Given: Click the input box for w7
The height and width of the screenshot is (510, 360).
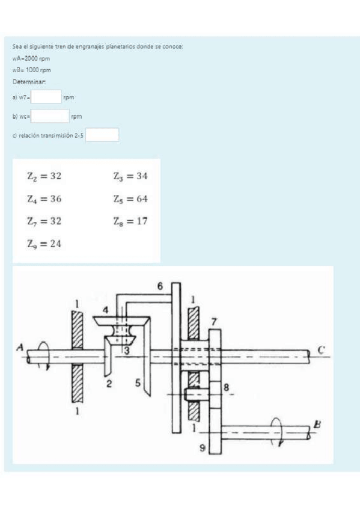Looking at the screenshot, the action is tap(46, 97).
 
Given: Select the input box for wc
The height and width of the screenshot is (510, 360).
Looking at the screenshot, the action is tap(50, 116).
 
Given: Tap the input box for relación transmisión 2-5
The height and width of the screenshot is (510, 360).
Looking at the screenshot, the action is tap(102, 135).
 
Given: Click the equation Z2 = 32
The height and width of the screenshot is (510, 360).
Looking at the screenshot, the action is tap(44, 176).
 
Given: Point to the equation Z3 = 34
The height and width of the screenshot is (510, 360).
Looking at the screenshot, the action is tap(130, 176).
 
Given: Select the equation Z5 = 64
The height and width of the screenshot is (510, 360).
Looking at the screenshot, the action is tap(130, 199).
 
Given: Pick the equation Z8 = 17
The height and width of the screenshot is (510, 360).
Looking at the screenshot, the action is tap(130, 221).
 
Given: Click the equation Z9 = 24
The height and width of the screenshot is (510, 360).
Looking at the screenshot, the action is tap(44, 244).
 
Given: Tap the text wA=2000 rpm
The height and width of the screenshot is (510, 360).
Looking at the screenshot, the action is tap(31, 59).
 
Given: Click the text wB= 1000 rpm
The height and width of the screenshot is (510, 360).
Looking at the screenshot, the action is tap(32, 70).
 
